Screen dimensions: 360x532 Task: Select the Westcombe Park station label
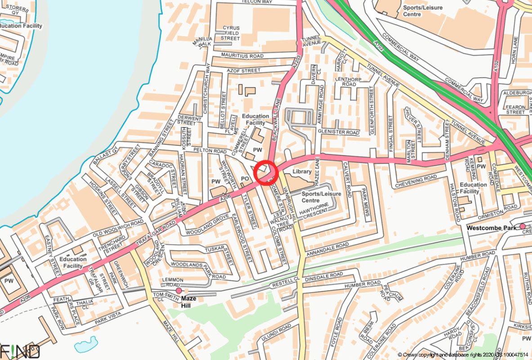pos(492,228)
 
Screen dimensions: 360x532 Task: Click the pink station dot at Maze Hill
pos(179,291)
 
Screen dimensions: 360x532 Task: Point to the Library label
pos(302,171)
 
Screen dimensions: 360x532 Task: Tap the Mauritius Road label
pos(242,56)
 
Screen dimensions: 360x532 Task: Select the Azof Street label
pos(244,71)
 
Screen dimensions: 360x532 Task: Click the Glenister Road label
pos(339,133)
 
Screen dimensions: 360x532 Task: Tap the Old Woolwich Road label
pos(118,226)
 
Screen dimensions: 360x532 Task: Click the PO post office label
pos(245,179)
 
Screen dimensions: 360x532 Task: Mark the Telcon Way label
pos(257,2)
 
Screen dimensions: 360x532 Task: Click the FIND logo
pos(20,351)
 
